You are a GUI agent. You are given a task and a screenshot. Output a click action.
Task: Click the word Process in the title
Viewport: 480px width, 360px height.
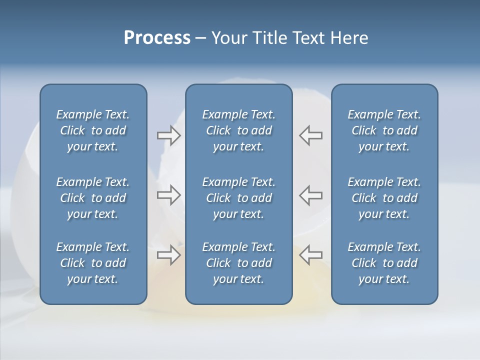point(157,38)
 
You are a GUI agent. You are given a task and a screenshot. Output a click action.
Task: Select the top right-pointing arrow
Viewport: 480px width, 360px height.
point(169,135)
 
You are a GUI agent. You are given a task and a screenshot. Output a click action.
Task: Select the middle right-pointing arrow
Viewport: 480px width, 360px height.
point(169,195)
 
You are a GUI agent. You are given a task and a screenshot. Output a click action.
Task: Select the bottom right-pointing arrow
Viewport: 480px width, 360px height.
point(169,255)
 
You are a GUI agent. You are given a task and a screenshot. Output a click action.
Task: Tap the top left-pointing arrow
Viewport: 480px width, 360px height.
point(310,135)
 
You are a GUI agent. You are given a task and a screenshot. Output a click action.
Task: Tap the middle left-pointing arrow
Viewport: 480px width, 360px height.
point(310,195)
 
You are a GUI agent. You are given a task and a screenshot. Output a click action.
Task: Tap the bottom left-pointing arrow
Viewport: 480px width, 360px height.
point(310,255)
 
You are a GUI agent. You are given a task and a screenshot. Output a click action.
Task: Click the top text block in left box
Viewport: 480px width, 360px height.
point(93,130)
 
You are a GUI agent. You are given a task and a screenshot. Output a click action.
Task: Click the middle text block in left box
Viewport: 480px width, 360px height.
point(93,198)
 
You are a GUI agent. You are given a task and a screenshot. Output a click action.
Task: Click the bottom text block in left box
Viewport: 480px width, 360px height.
point(93,263)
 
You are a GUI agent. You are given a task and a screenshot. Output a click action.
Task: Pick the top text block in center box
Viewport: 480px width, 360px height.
point(238,130)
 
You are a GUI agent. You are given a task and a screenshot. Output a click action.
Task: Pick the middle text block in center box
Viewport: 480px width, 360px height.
point(238,198)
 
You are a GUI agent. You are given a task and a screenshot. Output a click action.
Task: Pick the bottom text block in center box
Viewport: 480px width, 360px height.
point(238,263)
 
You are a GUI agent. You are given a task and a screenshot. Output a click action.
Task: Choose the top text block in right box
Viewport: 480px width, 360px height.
point(384,130)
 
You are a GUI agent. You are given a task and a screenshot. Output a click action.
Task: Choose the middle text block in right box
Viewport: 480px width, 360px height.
point(384,198)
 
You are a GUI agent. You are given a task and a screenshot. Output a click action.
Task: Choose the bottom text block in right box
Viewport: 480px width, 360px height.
point(384,263)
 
